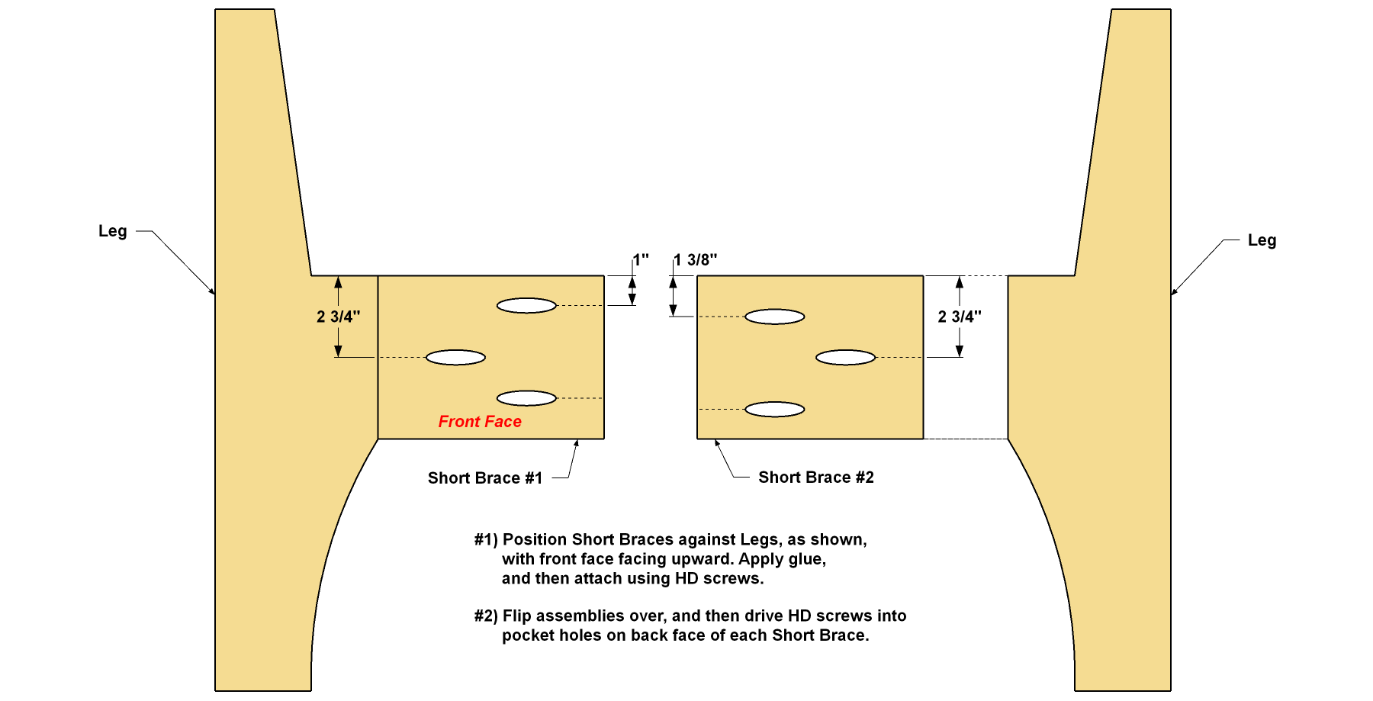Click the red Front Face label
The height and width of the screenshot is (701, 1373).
[480, 422]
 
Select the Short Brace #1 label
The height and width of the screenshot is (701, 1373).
[485, 478]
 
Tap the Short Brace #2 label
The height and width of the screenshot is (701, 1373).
[816, 478]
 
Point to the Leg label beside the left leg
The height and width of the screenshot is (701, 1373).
[113, 232]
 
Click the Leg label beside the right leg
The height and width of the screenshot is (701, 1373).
[1262, 241]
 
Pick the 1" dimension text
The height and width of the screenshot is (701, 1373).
[641, 259]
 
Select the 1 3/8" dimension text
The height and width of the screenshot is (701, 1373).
[696, 260]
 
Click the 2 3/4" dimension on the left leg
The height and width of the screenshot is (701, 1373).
[339, 317]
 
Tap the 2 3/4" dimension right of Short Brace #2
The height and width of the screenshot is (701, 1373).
[960, 317]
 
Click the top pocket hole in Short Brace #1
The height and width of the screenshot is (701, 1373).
[527, 306]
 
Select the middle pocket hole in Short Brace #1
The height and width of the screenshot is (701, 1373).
[455, 358]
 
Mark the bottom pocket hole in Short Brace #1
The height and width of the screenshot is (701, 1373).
[527, 398]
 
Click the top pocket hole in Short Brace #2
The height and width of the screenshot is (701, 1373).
[775, 317]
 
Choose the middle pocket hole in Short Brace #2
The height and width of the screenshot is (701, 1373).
[846, 358]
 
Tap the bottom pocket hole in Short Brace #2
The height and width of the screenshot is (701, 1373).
[775, 410]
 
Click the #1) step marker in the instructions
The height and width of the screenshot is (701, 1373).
[486, 540]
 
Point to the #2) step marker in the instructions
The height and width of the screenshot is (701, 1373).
[486, 616]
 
